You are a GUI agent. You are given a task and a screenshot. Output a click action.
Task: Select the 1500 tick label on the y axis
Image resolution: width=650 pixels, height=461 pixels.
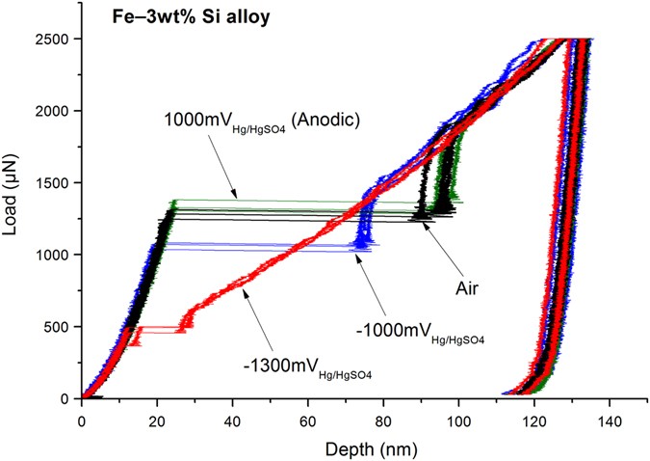pos(58,183)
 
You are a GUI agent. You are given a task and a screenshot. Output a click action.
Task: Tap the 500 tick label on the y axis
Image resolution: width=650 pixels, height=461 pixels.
pos(62,327)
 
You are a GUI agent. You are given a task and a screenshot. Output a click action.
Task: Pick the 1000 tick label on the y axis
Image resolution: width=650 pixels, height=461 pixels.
pos(58,255)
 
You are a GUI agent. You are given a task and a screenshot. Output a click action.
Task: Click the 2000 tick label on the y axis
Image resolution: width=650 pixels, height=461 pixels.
pos(58,111)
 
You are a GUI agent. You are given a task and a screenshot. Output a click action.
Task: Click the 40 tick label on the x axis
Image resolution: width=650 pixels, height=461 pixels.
pos(232,420)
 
